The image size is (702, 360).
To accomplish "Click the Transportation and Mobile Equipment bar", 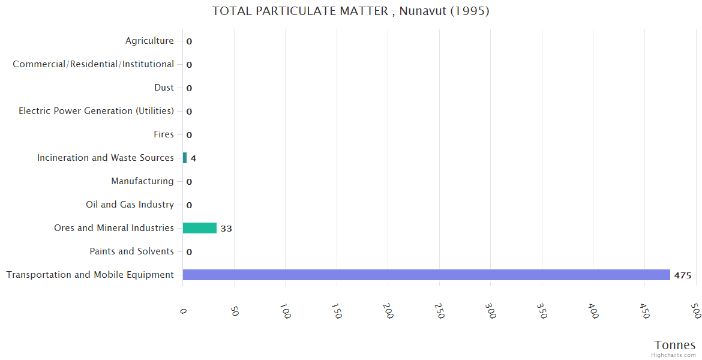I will click(426, 275).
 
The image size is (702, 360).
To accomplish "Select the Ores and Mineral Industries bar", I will click(199, 228).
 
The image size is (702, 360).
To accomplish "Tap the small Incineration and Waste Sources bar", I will click(185, 158).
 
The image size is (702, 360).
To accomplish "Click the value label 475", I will click(683, 275).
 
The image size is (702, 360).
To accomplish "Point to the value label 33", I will click(226, 229).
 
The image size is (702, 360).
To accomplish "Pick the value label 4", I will click(193, 158).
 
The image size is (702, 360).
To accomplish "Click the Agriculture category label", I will click(149, 41).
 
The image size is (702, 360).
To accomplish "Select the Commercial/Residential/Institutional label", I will click(94, 64).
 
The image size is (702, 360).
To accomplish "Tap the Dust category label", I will click(164, 88).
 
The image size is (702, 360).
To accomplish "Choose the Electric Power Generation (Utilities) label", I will click(97, 111).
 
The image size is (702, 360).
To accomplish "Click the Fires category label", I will click(164, 134).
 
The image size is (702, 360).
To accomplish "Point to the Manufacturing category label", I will click(142, 181).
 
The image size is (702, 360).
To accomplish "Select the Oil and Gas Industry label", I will click(130, 205).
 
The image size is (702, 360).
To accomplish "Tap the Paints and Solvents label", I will click(131, 251).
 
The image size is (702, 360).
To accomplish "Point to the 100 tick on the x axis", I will click(286, 311).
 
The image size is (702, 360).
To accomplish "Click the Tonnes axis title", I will click(675, 345).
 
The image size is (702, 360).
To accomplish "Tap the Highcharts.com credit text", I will click(674, 355).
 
